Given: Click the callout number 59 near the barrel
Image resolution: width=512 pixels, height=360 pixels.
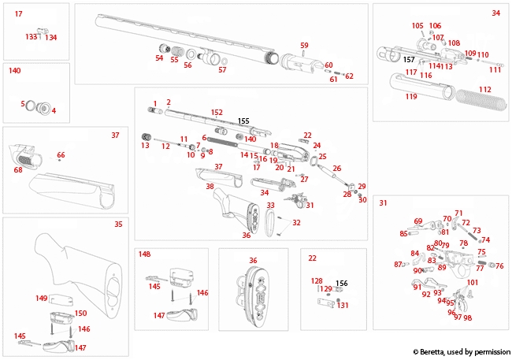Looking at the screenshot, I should [304, 45].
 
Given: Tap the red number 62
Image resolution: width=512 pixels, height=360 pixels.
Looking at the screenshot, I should [349, 76].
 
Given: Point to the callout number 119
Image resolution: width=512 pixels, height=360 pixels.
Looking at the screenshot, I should [410, 97].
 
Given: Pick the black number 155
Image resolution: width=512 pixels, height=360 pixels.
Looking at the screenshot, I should [243, 121].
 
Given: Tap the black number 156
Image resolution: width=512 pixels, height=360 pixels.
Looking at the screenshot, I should [341, 284].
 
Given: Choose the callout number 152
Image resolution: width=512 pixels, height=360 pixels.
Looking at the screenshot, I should [217, 113].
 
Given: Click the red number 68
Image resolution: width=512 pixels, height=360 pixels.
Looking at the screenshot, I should [18, 169].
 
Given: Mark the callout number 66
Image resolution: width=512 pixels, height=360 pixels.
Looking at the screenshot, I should [61, 155].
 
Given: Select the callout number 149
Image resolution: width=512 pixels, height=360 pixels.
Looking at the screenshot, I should [42, 299].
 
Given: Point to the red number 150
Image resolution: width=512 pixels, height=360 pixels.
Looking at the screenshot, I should [80, 313].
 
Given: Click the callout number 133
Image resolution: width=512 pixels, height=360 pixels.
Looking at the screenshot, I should [31, 37].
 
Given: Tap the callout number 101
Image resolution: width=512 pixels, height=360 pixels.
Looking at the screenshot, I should [473, 282].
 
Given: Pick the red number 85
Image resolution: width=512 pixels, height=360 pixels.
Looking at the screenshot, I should [403, 233].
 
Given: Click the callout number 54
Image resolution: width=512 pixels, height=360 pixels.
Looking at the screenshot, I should [159, 58].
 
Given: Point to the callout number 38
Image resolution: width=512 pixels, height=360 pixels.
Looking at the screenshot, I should [210, 187].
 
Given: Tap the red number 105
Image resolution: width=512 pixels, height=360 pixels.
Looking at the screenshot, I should [417, 26].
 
